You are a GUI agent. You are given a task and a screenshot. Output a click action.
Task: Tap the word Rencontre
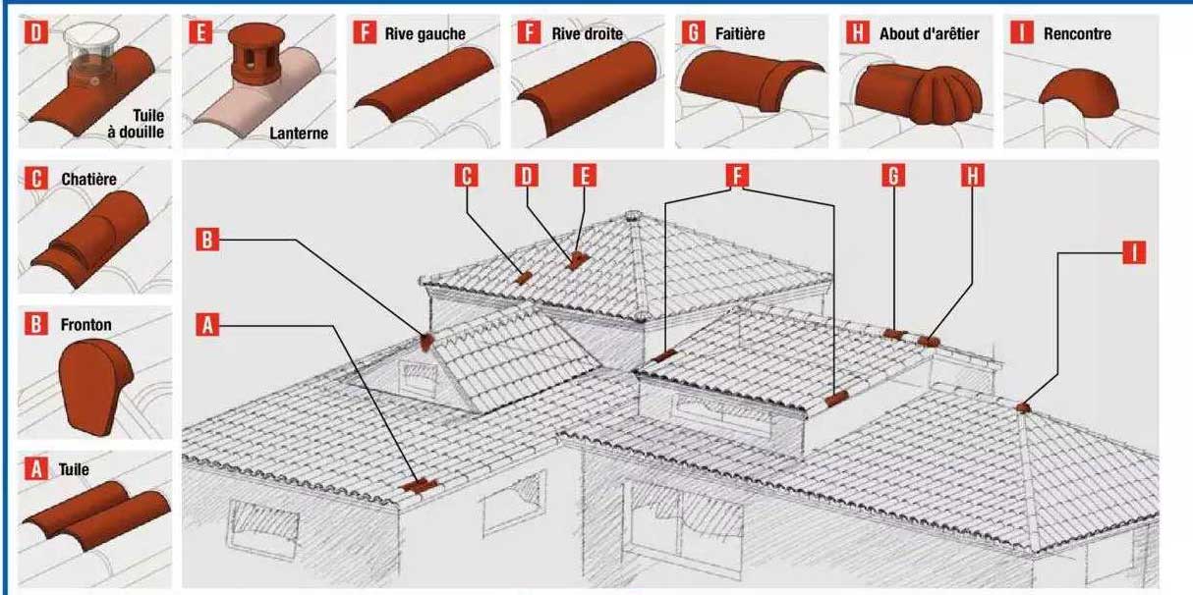pyautogui.click(x=1077, y=34)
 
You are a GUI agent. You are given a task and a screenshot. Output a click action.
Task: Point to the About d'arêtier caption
pyautogui.click(x=928, y=34)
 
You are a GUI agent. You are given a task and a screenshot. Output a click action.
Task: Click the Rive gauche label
pyautogui.click(x=425, y=34)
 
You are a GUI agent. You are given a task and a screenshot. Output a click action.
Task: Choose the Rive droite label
pyautogui.click(x=587, y=34)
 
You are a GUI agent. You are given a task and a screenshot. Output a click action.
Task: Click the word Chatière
pyautogui.click(x=86, y=180)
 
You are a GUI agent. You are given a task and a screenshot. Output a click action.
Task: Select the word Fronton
pyautogui.click(x=85, y=325)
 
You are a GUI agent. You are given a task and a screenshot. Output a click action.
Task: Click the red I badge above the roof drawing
pyautogui.click(x=1134, y=252)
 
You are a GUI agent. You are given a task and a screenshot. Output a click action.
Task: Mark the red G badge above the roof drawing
pyautogui.click(x=893, y=176)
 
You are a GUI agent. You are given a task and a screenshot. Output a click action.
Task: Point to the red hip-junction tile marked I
pyautogui.click(x=1023, y=406)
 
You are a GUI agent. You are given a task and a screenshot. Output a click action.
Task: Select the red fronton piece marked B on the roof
pyautogui.click(x=426, y=342)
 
